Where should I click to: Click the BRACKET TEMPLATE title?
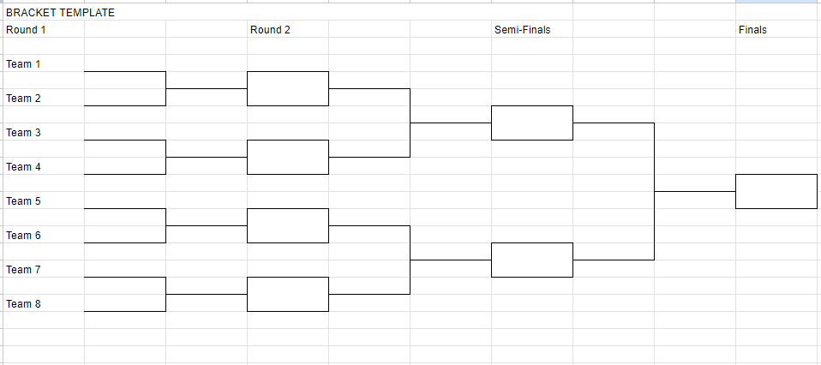tap(60, 13)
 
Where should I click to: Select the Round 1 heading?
tap(26, 30)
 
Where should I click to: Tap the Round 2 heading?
tap(270, 30)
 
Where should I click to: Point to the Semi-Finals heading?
tap(523, 30)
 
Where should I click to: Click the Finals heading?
tap(752, 30)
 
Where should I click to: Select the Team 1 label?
tap(23, 64)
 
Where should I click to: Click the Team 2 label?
tap(23, 99)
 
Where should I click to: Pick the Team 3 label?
tap(23, 133)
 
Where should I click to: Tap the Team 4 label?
tap(23, 167)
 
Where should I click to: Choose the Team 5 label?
tap(23, 201)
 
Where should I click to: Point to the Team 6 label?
tap(23, 236)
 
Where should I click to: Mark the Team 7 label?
tap(23, 270)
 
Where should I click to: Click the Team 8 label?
tap(23, 304)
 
